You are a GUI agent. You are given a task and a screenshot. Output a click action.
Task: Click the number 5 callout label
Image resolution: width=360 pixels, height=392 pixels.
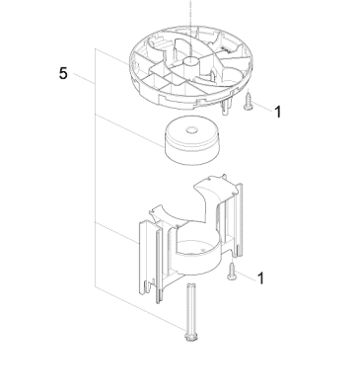(x=63, y=74)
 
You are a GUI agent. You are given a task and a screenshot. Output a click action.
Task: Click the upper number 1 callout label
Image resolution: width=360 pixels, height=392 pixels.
(x=277, y=113)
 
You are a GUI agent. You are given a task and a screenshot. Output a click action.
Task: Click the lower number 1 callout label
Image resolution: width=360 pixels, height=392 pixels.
(x=260, y=279)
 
